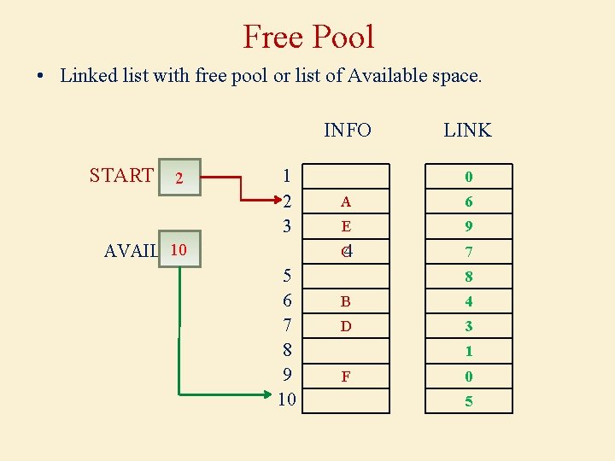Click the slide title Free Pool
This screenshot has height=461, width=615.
pos(308,37)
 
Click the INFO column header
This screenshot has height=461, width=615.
pos(348,130)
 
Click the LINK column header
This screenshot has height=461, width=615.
pos(467,130)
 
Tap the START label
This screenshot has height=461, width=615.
pos(121,175)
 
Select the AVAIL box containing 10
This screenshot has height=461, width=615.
pos(179,250)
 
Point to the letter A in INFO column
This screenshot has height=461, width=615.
pos(345,202)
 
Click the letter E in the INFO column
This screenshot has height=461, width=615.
pos(345,227)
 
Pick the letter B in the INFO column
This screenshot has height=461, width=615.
pos(345,301)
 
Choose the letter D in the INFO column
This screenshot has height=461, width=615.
pos(345,326)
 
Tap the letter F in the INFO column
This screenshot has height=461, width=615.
pos(345,376)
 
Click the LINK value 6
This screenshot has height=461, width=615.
pos(469,202)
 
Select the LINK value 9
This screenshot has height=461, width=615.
pos(469,227)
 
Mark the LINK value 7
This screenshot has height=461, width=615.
pos(469,253)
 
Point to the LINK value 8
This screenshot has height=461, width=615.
pos(469,277)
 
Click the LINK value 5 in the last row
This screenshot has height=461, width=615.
pos(469,401)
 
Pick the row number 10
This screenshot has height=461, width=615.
pos(287,400)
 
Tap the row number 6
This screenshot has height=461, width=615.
pos(287,301)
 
